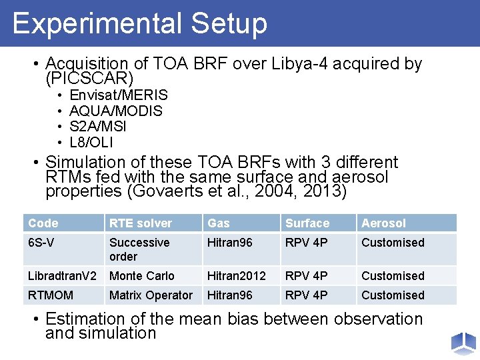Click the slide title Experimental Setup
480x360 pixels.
(x=139, y=23)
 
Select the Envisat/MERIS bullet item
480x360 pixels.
(x=119, y=95)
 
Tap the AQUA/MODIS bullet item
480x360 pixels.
(x=116, y=111)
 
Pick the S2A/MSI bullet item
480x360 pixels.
(x=98, y=126)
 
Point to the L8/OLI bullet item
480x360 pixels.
(x=91, y=142)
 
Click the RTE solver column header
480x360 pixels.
(x=141, y=223)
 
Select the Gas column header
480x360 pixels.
(x=218, y=223)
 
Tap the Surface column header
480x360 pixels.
(x=307, y=223)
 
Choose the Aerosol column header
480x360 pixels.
(x=383, y=223)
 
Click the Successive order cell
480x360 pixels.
(x=139, y=249)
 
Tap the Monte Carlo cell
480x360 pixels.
(x=142, y=276)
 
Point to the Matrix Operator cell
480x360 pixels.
(x=151, y=295)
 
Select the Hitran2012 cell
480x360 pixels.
(x=237, y=276)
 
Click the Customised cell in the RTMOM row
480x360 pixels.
(x=393, y=295)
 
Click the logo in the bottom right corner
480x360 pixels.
(x=463, y=343)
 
